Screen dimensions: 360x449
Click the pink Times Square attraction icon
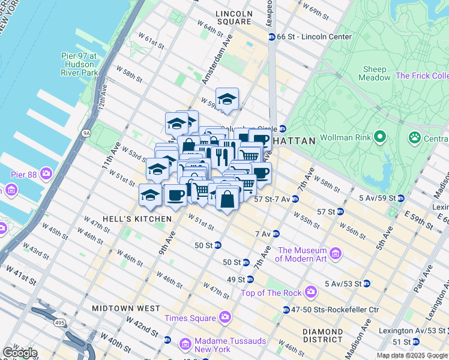(x=224, y=316)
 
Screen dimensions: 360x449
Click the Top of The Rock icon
(x=310, y=292)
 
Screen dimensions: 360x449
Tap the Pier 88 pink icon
(x=46, y=175)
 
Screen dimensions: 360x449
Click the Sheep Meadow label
(x=373, y=73)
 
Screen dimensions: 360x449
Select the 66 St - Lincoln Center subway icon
(x=271, y=37)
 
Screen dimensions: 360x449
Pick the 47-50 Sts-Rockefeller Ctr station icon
(x=286, y=310)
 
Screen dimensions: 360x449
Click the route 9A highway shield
(x=86, y=133)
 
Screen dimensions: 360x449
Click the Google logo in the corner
(x=19, y=353)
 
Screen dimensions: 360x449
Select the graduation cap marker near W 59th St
(x=228, y=100)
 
